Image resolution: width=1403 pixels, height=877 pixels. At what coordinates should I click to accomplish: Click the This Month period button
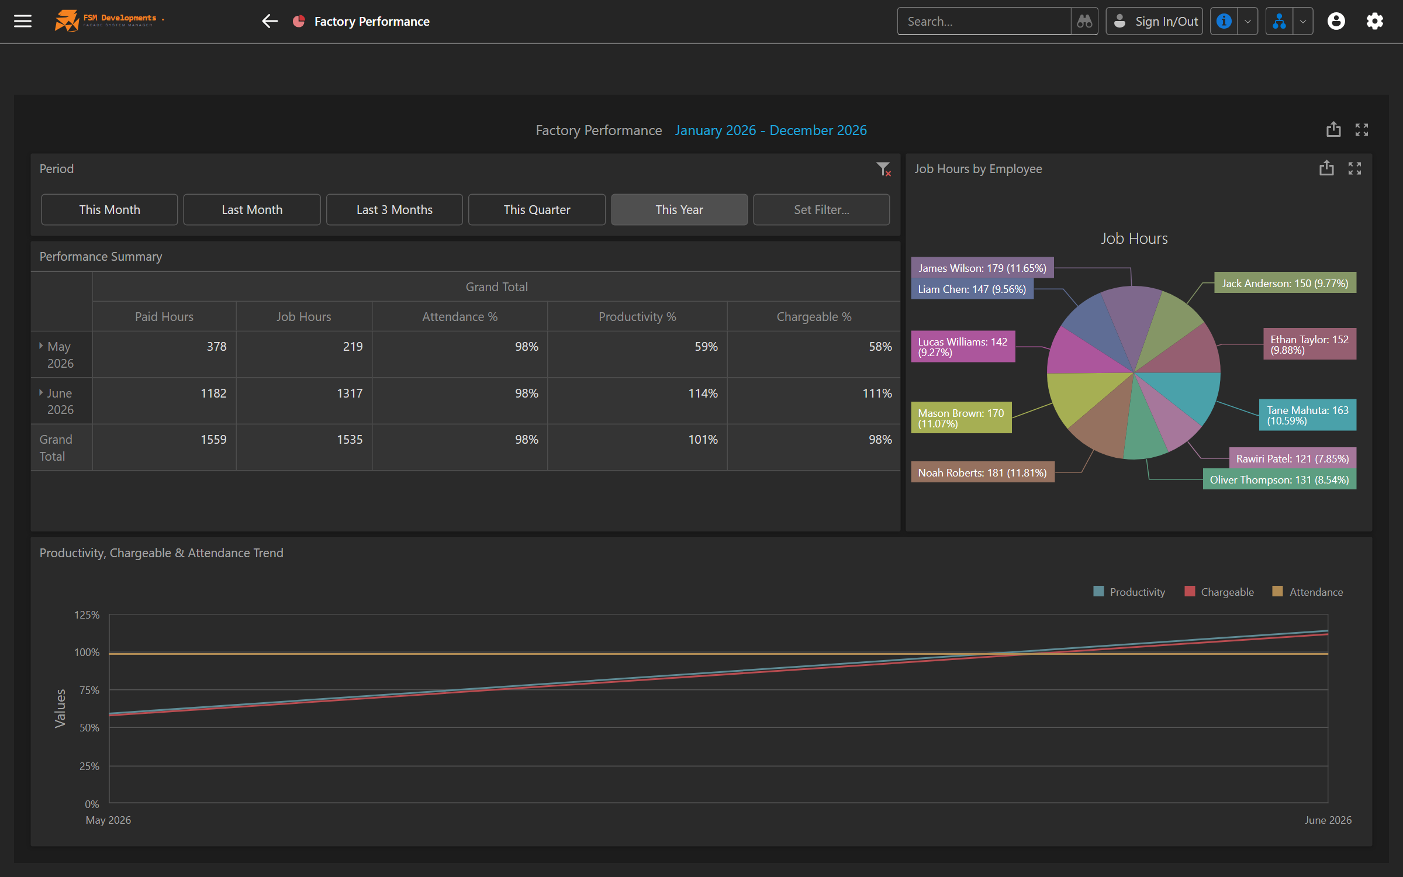click(109, 209)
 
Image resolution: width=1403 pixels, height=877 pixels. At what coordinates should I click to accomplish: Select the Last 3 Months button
click(395, 209)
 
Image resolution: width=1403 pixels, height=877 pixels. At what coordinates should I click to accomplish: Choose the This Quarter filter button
click(537, 209)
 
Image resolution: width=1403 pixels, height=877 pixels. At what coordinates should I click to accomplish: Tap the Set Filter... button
click(821, 209)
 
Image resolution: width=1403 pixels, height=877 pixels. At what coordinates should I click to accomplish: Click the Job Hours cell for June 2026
click(350, 393)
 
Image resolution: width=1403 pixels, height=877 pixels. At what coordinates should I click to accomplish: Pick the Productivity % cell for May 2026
click(706, 347)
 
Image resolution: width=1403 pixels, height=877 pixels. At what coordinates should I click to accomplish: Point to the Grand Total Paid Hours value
click(213, 440)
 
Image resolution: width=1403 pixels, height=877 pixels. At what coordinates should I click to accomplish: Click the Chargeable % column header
click(814, 316)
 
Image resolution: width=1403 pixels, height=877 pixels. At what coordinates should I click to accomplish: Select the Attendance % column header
click(459, 316)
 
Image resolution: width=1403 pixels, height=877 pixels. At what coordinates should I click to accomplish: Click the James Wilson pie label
click(982, 268)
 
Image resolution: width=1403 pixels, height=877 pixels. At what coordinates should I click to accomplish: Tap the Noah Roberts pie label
click(982, 472)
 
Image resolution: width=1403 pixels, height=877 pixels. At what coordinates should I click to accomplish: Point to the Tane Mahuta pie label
click(1307, 415)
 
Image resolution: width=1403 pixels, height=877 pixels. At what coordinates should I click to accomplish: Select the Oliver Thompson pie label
click(1279, 479)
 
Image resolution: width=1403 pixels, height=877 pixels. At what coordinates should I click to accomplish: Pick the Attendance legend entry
click(1308, 592)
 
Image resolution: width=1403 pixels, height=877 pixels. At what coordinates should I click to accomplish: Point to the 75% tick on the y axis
click(89, 690)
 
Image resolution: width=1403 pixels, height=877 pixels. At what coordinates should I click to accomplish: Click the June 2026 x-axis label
click(1328, 820)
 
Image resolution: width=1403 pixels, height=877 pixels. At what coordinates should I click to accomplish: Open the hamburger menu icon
click(23, 21)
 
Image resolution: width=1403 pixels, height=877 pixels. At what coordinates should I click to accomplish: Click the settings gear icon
click(1374, 21)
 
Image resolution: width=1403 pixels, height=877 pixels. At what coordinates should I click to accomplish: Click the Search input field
click(984, 21)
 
